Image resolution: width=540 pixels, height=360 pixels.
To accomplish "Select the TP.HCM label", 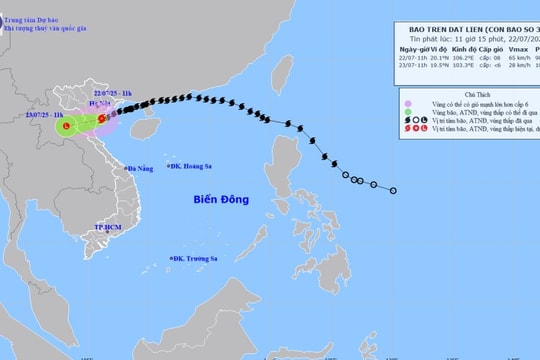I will (105, 229).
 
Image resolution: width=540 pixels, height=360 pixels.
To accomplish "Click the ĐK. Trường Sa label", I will (199, 258).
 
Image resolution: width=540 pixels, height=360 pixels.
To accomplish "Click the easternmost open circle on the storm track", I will (393, 191).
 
